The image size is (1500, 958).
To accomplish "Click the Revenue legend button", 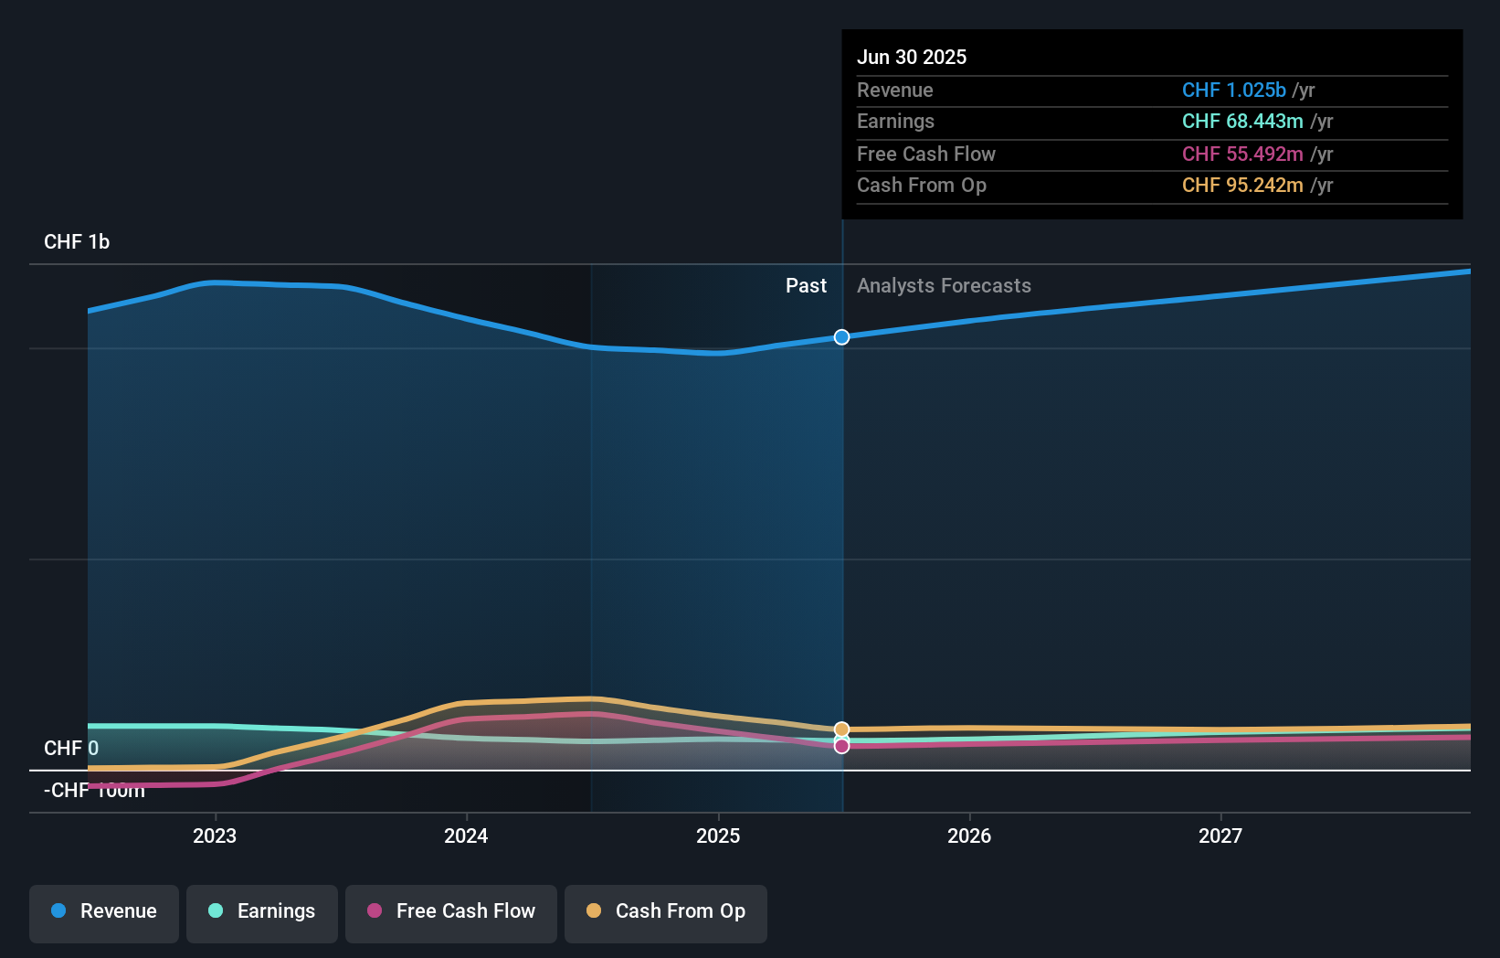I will point(104,911).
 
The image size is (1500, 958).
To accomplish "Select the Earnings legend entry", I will point(262,911).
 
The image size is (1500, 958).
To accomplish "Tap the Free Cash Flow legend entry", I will point(451,911).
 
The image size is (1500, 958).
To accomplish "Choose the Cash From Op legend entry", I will point(666,911).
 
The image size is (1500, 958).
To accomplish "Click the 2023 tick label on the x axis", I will point(215,836).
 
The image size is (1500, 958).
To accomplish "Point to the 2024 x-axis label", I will point(466,836).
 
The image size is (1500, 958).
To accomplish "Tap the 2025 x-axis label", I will point(718,836).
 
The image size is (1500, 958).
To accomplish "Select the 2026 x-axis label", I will point(969,836).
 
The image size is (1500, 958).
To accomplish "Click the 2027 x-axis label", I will point(1220,836).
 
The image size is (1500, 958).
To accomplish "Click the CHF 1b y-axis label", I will point(77,242).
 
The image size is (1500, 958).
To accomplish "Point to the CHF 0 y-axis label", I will point(71,749).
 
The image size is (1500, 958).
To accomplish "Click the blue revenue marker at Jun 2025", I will point(841,337).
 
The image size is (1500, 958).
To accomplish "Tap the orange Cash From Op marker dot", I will point(841,729).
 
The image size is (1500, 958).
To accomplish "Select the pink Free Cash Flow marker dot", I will point(841,746).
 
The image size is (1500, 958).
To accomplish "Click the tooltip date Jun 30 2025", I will point(912,57).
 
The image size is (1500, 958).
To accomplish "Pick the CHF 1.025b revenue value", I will point(1233,90).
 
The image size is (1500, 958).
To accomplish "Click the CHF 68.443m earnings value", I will point(1242,122).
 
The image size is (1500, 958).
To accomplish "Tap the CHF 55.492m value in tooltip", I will point(1242,154).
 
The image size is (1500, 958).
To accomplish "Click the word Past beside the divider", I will point(806,286).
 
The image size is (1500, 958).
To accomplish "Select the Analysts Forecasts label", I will point(944,286).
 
